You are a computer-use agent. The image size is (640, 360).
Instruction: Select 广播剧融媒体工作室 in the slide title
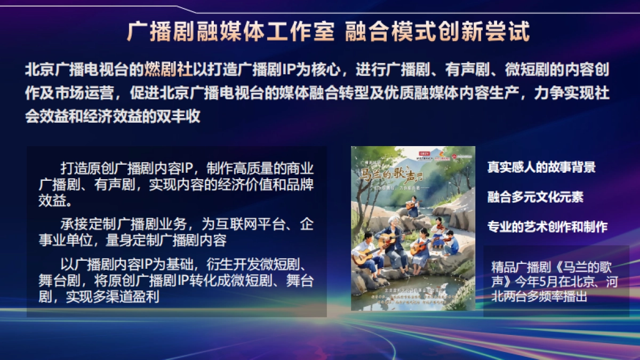(223, 31)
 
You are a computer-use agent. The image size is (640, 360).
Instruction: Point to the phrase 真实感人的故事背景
(541, 167)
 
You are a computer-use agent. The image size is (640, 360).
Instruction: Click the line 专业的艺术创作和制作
(547, 227)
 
